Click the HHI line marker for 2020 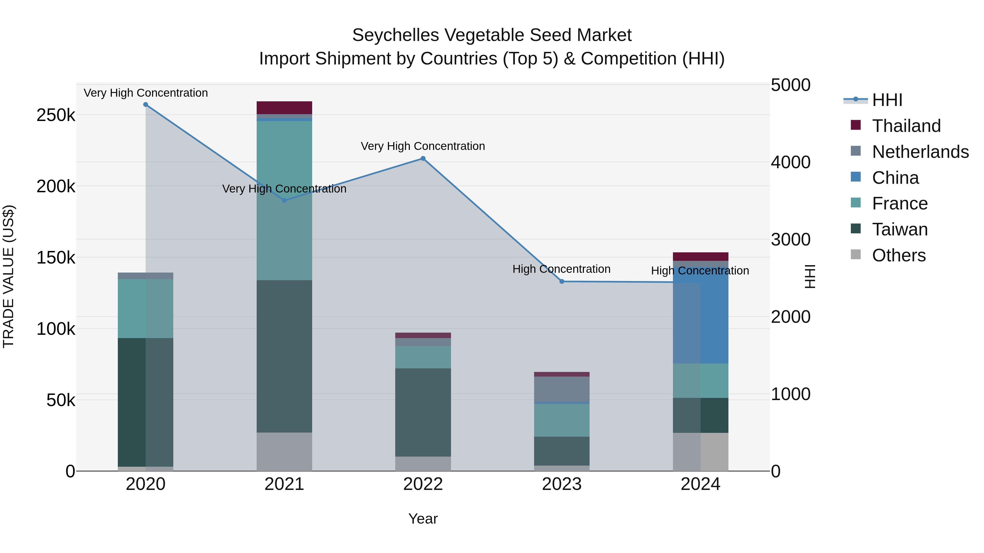(x=145, y=105)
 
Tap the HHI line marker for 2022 (x=423, y=158)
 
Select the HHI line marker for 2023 (x=561, y=281)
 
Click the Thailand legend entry (x=906, y=126)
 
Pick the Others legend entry (x=898, y=255)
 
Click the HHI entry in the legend (x=887, y=100)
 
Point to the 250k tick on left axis (x=56, y=115)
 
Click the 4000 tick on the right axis (x=790, y=162)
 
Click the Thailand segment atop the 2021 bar (x=284, y=108)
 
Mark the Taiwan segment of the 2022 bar (x=423, y=412)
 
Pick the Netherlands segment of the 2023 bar (x=561, y=389)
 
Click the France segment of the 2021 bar (x=284, y=200)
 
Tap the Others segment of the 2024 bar (x=701, y=452)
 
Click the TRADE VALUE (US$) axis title (x=9, y=277)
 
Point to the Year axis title (x=423, y=519)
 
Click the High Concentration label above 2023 (x=561, y=269)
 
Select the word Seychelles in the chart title (x=395, y=36)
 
